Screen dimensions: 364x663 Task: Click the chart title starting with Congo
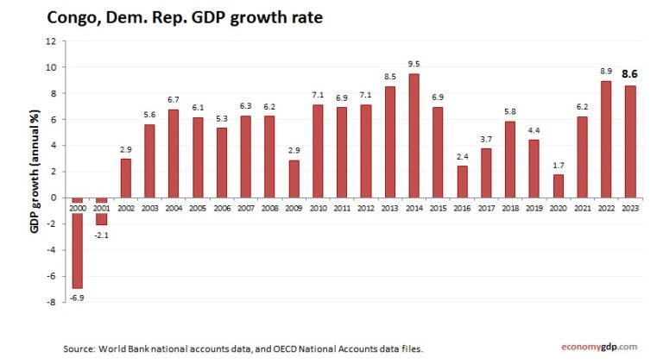pyautogui.click(x=185, y=16)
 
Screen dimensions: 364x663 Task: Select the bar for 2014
pyautogui.click(x=414, y=135)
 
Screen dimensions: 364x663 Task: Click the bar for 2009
pyautogui.click(x=294, y=179)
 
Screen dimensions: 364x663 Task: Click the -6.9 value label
pyautogui.click(x=77, y=296)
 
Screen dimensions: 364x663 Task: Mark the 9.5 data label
pyautogui.click(x=414, y=64)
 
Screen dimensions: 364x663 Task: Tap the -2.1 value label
pyautogui.click(x=101, y=233)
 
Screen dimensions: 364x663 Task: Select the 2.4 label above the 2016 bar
pyautogui.click(x=462, y=156)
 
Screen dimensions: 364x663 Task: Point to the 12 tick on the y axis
pyautogui.click(x=50, y=41)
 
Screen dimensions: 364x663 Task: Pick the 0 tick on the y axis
pyautogui.click(x=53, y=198)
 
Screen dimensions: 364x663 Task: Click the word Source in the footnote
pyautogui.click(x=79, y=348)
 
